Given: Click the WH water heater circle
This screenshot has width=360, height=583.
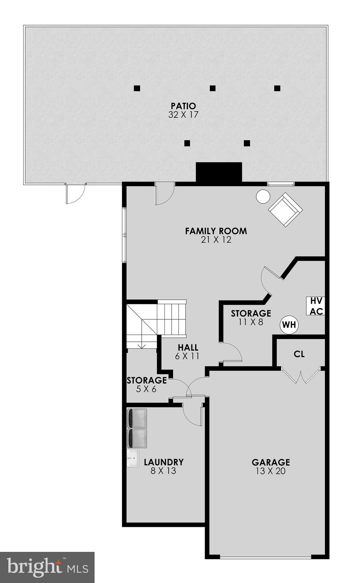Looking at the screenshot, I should pyautogui.click(x=289, y=325).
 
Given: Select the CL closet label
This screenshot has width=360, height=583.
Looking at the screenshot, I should pyautogui.click(x=299, y=354).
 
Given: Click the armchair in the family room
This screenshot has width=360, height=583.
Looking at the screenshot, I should pyautogui.click(x=285, y=209).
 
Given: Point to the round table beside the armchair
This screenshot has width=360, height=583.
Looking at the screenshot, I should pyautogui.click(x=263, y=196).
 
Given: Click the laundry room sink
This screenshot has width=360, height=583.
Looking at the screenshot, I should pyautogui.click(x=133, y=458).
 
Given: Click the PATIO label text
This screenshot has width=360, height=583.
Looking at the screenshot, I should pyautogui.click(x=183, y=106).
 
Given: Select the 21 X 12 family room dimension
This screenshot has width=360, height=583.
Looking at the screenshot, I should pyautogui.click(x=216, y=240).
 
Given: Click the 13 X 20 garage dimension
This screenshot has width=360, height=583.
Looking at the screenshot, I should pyautogui.click(x=270, y=471).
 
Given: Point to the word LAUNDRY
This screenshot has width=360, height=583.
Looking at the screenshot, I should pyautogui.click(x=164, y=462).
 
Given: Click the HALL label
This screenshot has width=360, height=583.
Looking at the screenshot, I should pyautogui.click(x=188, y=348).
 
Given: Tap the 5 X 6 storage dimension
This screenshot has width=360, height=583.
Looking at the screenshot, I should pyautogui.click(x=146, y=389).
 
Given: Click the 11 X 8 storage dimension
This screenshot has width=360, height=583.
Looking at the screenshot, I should pyautogui.click(x=251, y=322).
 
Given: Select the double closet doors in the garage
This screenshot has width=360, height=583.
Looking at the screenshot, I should pyautogui.click(x=301, y=376).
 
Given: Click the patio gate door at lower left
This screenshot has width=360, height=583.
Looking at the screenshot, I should pyautogui.click(x=74, y=194).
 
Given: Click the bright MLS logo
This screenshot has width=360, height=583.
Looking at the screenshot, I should pyautogui.click(x=47, y=567).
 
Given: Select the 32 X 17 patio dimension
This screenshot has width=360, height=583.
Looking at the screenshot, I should pyautogui.click(x=183, y=115).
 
